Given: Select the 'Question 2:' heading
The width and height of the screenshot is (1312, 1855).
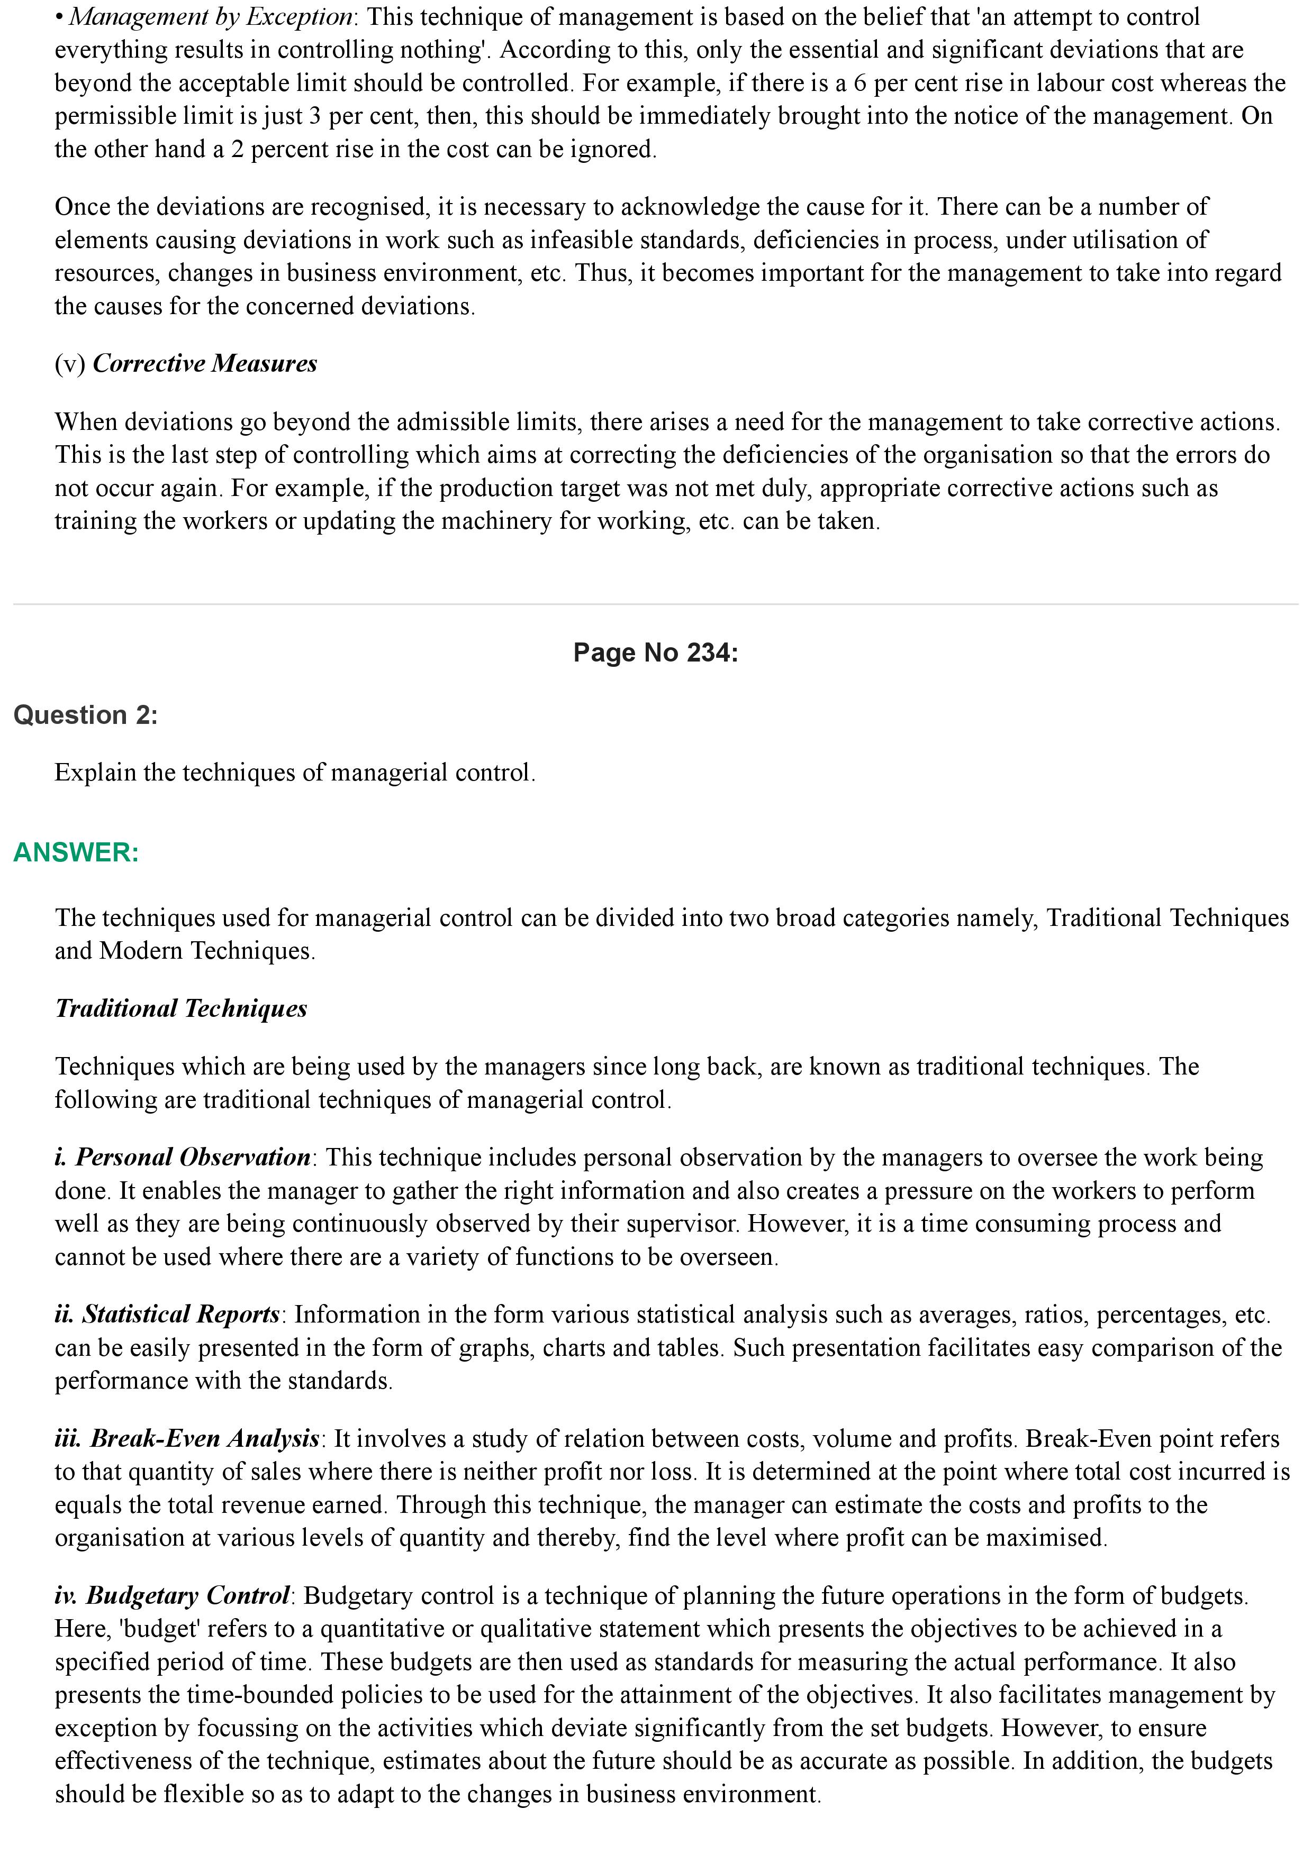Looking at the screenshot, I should pyautogui.click(x=86, y=715).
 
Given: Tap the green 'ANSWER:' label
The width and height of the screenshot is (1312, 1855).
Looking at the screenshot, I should pyautogui.click(x=76, y=852).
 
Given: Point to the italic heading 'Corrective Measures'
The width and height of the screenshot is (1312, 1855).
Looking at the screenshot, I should pyautogui.click(x=204, y=364).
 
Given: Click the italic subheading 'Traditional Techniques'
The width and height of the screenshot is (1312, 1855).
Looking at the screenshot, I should pyautogui.click(x=181, y=1008).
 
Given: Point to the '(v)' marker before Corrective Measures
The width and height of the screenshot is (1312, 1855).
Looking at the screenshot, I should pyautogui.click(x=70, y=364).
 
